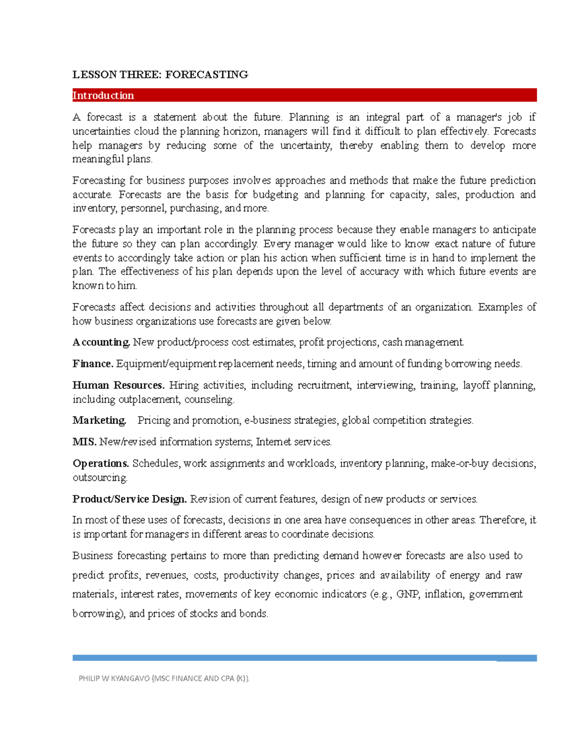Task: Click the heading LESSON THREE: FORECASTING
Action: pos(160,74)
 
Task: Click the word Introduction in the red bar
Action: pos(103,95)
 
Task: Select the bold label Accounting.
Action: pos(101,342)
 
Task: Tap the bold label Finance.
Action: pos(93,364)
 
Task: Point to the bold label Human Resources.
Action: pos(118,385)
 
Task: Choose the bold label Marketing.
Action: pos(99,420)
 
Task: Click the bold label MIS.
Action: pos(84,442)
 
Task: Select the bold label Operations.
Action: pos(101,463)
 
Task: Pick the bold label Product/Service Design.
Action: pos(129,499)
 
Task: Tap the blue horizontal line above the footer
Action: pos(305,658)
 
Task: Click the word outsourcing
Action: pos(100,478)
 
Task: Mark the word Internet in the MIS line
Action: pos(273,442)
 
